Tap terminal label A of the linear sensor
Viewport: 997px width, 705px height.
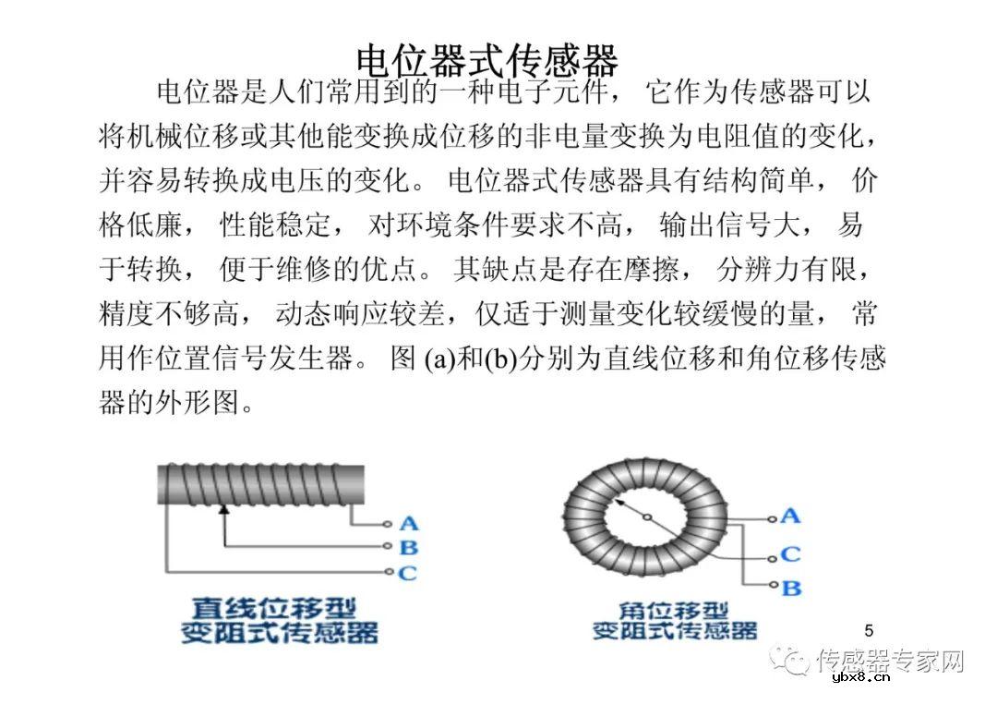408,524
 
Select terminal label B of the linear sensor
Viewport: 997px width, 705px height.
408,548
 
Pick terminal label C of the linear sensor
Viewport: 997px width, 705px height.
408,573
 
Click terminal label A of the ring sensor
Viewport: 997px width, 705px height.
789,516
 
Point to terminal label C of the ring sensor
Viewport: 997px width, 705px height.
790,554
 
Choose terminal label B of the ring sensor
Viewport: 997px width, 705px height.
791,587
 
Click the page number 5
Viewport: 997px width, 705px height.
869,630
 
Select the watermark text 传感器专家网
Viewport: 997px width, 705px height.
891,661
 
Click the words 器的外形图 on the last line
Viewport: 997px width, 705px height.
175,405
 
